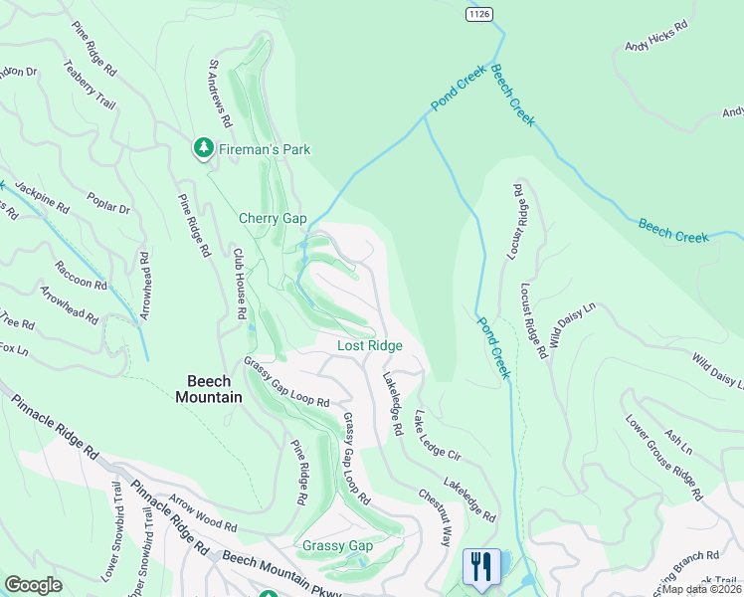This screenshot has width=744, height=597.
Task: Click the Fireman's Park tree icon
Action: coord(204,148)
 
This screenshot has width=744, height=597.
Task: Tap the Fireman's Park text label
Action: coord(265,149)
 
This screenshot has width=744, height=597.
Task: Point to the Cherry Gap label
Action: coord(273,218)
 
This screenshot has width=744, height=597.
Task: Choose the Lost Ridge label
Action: coord(370,345)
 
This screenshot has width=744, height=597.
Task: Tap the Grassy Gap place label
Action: coord(337,546)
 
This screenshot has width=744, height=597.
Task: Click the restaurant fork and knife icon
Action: coord(481,567)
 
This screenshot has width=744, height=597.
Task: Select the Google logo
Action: coord(34,585)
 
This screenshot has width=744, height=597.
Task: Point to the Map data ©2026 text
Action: coord(702,589)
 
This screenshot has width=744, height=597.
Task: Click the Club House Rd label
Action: coord(240,284)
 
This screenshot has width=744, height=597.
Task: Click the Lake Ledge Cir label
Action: coord(439,435)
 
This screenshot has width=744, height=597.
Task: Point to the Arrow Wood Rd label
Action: coord(203,516)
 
